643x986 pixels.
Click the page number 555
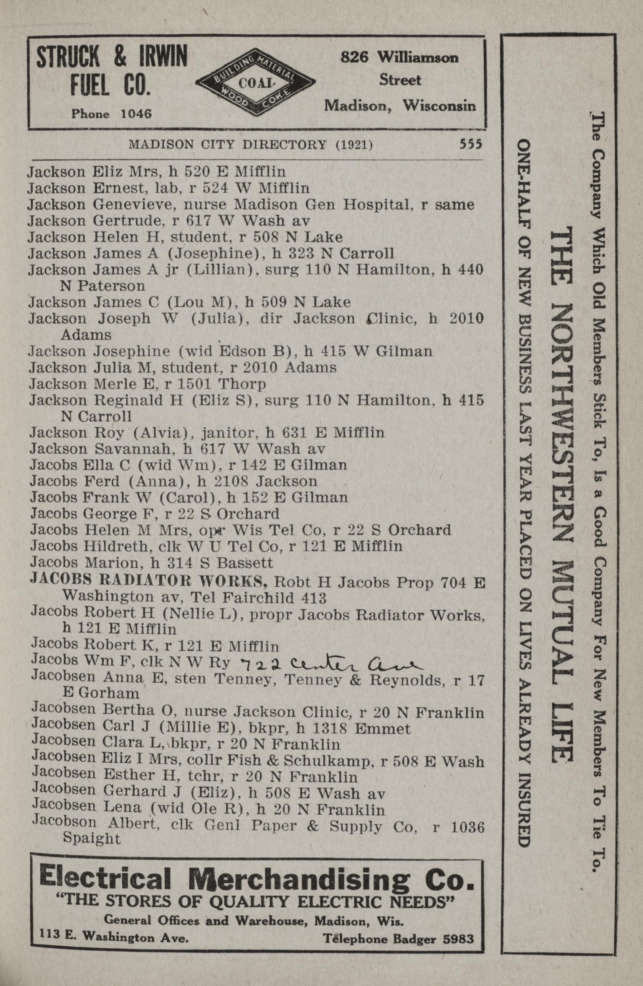471,145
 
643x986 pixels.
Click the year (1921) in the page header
354,145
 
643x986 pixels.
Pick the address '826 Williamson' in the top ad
399,58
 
